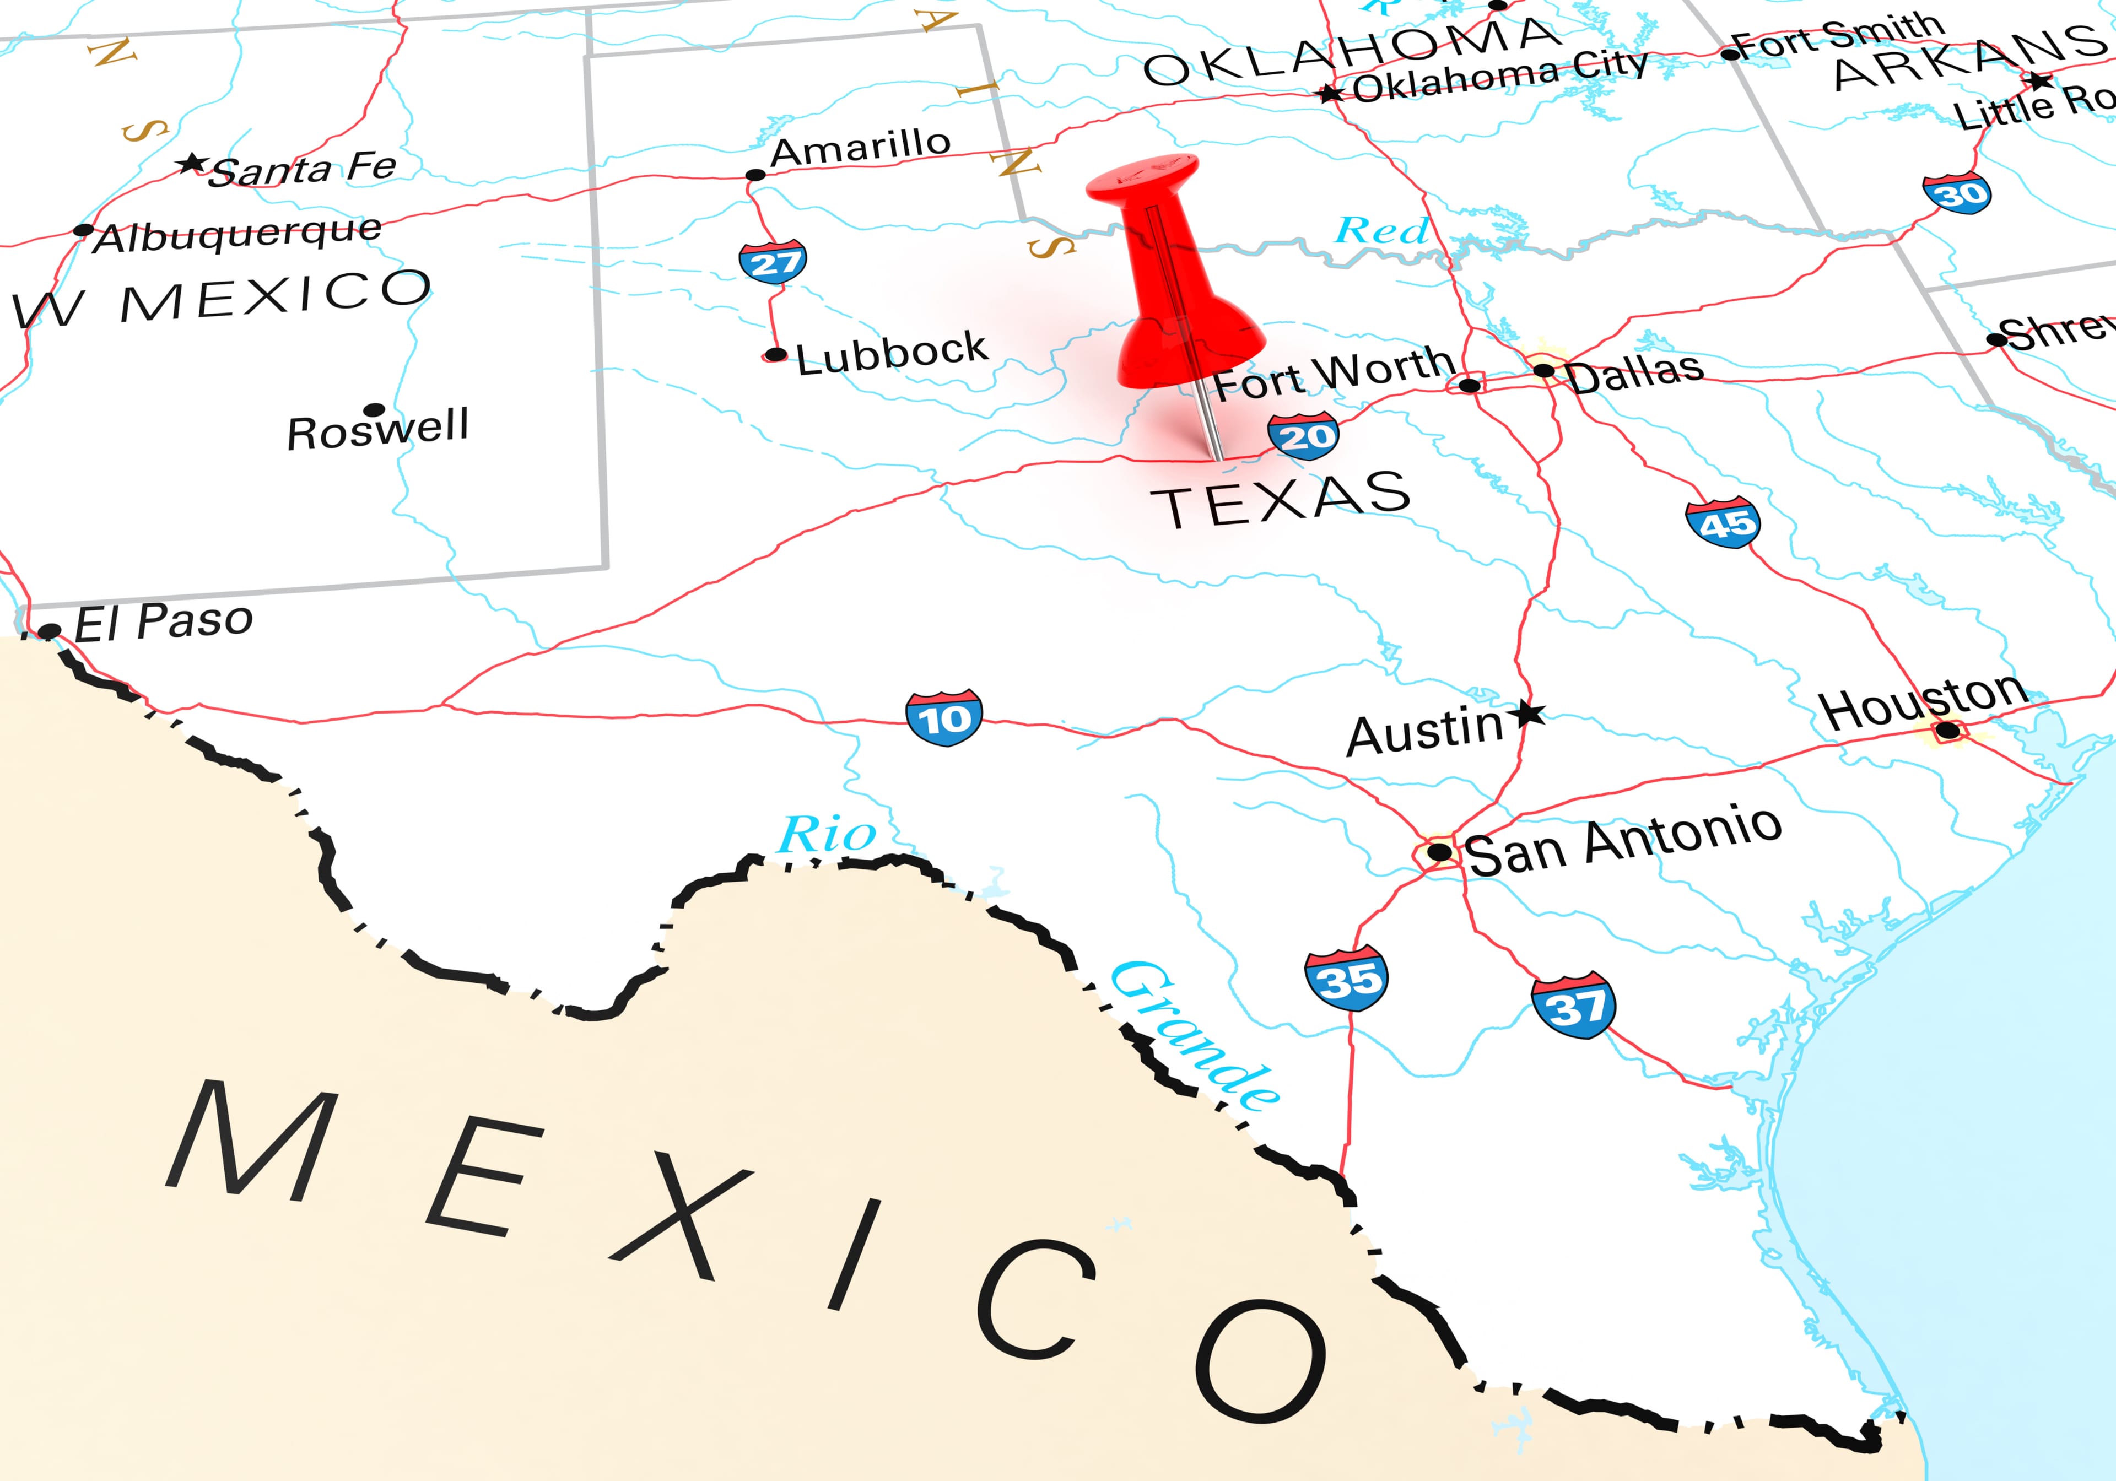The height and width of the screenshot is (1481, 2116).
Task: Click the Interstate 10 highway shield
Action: click(944, 717)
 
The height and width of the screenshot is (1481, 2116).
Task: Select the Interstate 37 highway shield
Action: click(1573, 1004)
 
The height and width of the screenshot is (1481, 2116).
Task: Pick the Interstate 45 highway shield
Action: click(1723, 522)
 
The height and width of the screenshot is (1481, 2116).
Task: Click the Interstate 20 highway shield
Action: click(1302, 436)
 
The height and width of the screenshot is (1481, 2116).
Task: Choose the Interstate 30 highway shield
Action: click(1956, 193)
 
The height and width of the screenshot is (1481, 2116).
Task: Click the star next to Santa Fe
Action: click(192, 164)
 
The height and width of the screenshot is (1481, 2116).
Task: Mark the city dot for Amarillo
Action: click(755, 175)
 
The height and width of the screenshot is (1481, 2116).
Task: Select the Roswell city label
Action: click(378, 429)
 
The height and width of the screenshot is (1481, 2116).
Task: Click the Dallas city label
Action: click(1634, 372)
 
